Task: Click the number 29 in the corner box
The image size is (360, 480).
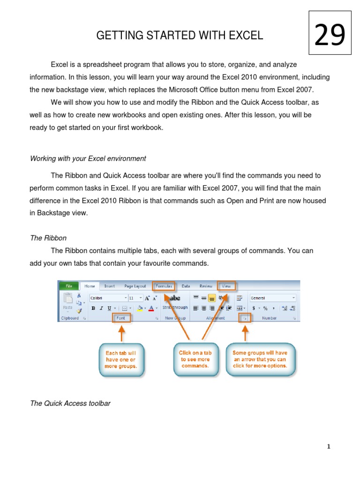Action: [x=330, y=36]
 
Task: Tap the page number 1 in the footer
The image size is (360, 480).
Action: [x=329, y=447]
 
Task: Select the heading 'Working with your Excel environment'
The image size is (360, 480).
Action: [x=88, y=158]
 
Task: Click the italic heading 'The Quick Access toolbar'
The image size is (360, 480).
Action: [x=70, y=403]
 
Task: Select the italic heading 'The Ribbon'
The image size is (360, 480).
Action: [x=48, y=238]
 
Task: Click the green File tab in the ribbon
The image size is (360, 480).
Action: [x=68, y=286]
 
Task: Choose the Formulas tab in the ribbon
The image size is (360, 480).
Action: [x=164, y=286]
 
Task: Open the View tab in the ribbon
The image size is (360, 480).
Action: [x=226, y=286]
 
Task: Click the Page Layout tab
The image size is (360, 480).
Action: [x=135, y=286]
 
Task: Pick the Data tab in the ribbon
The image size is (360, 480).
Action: [x=186, y=286]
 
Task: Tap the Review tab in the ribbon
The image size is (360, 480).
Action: [x=206, y=286]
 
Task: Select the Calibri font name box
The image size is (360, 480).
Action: [x=107, y=298]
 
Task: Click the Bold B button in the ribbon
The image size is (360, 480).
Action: [x=93, y=308]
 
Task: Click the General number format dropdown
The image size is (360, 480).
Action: [x=272, y=298]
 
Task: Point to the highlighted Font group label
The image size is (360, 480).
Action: [x=121, y=318]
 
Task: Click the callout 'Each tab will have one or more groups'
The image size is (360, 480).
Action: [x=121, y=360]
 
